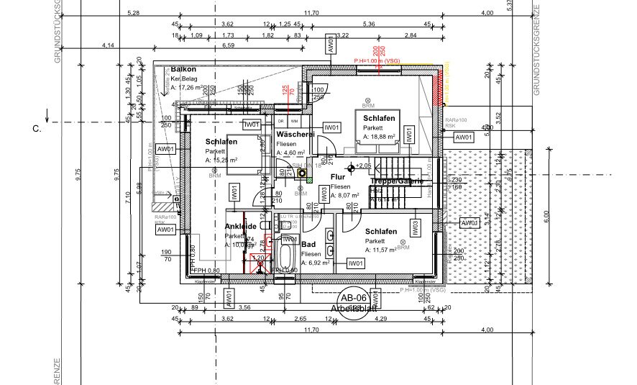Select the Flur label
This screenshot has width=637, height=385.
[338, 176]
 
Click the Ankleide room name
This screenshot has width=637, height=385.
[241, 226]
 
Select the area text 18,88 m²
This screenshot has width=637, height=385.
[380, 136]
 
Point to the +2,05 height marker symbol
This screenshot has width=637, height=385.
[351, 167]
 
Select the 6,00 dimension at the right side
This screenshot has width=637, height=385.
[546, 214]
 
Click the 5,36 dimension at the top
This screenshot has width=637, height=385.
[370, 24]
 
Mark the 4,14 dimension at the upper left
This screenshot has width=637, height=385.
[109, 45]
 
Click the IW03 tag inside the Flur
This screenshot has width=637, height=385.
[324, 193]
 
